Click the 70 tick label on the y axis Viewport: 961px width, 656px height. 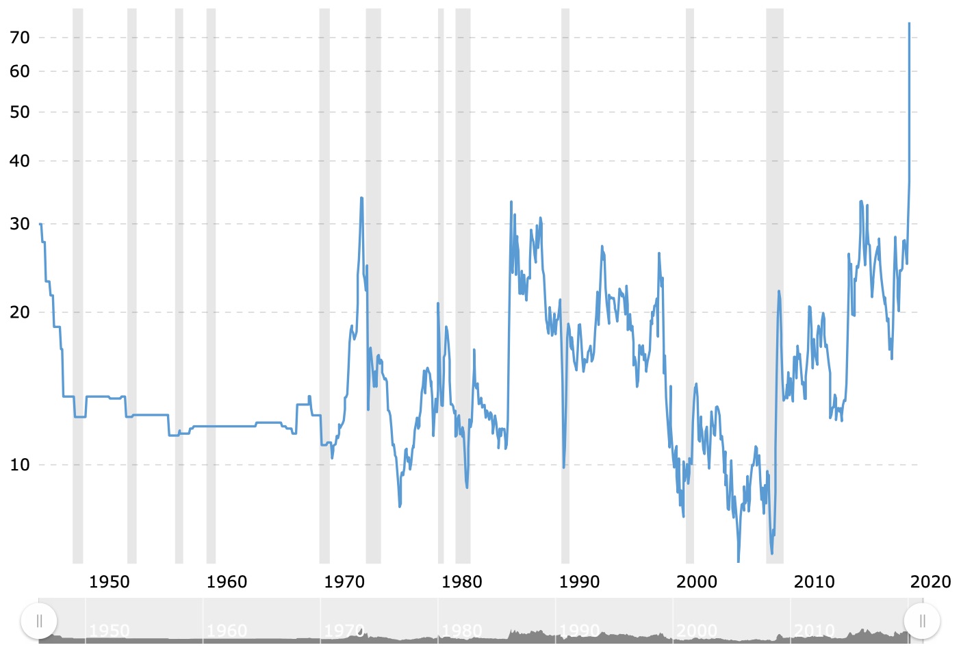(x=20, y=38)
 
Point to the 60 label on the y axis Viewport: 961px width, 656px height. (x=20, y=71)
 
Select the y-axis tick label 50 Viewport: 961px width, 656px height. (x=20, y=112)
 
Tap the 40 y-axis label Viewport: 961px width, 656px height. (x=20, y=161)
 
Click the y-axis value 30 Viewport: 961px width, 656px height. (x=20, y=224)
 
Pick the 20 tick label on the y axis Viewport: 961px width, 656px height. (x=20, y=312)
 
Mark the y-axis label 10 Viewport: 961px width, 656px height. (x=20, y=465)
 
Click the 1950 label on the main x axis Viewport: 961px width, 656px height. (x=109, y=582)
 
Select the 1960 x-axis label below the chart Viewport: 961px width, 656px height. (x=227, y=582)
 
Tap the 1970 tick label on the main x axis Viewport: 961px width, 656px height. (x=344, y=582)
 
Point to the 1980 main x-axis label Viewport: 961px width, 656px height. (x=461, y=582)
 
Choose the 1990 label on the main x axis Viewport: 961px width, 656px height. (x=579, y=582)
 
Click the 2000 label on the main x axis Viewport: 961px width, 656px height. (x=697, y=582)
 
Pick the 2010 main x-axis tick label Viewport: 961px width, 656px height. (x=814, y=582)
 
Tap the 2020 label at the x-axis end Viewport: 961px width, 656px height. (x=931, y=582)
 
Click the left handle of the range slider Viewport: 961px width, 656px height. (x=39, y=621)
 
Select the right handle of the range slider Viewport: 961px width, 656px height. (x=922, y=621)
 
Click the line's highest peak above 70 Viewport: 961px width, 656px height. (x=909, y=23)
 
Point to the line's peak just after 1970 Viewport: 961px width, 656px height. (x=361, y=198)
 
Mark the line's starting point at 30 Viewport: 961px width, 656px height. (x=40, y=224)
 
